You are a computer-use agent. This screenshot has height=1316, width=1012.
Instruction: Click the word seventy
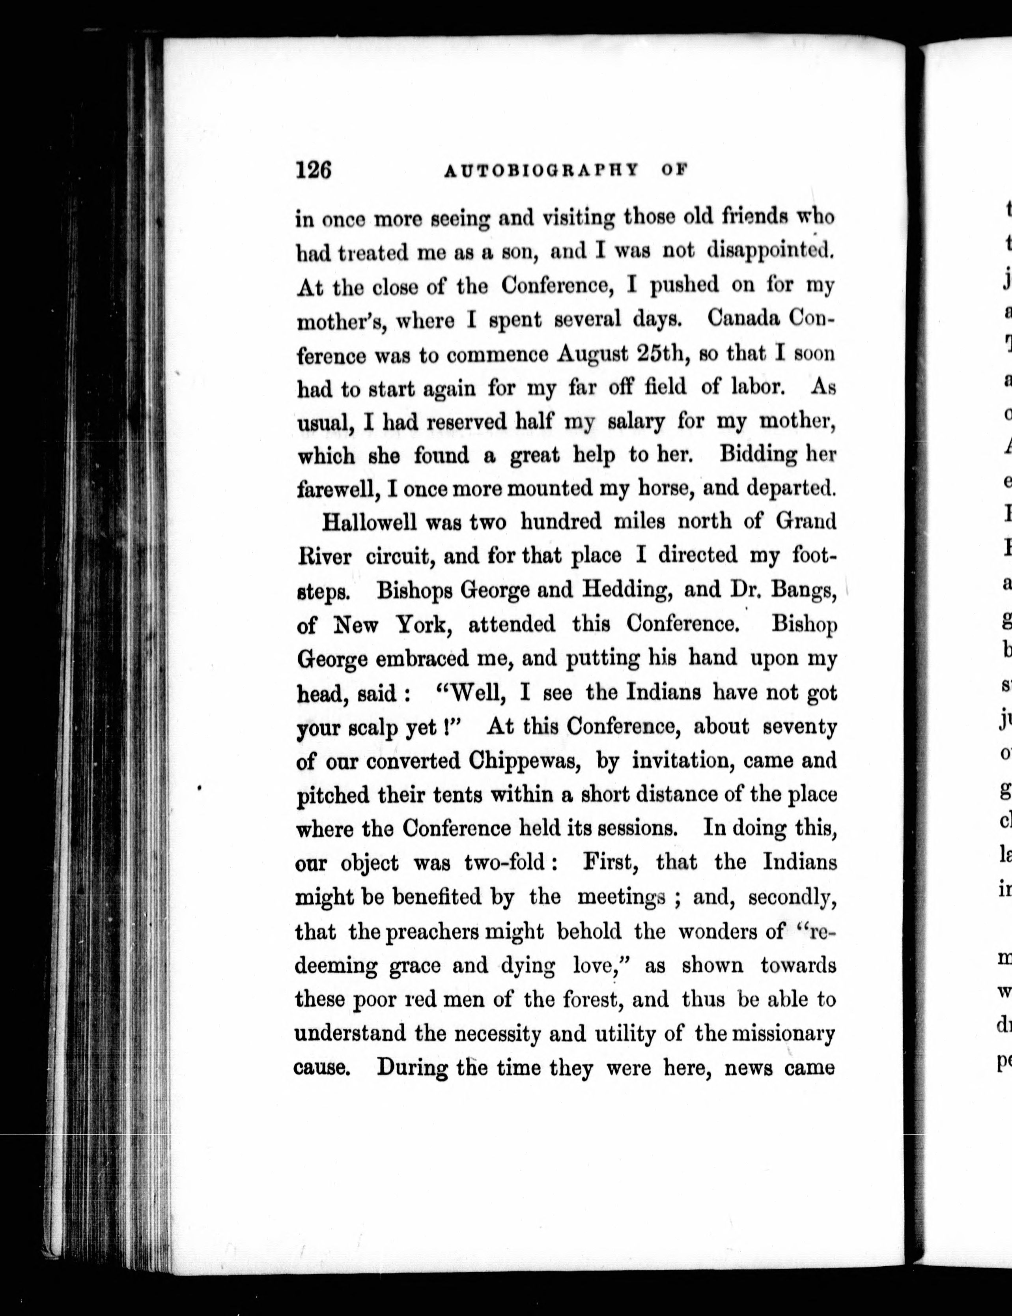(799, 727)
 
